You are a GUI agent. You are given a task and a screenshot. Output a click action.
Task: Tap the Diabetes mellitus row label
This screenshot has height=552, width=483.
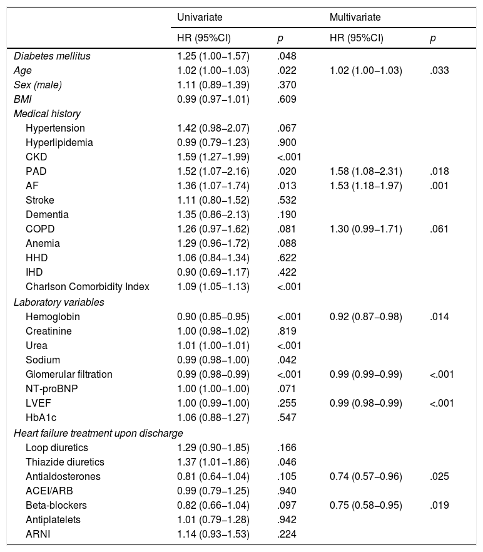[52, 56]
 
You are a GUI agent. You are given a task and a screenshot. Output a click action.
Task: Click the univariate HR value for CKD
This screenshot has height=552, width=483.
[213, 157]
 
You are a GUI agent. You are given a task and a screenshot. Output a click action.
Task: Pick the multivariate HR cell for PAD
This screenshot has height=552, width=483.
[365, 171]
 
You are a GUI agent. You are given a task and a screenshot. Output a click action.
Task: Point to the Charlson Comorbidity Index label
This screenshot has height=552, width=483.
[88, 287]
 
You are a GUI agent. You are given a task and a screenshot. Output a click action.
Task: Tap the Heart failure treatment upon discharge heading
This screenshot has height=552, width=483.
[98, 433]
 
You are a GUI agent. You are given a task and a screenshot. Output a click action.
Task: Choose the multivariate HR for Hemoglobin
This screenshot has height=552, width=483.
[365, 316]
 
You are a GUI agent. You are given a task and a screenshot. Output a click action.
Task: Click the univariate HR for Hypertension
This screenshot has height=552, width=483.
[213, 128]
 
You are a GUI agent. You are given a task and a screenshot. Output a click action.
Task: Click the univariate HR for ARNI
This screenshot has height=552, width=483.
[213, 534]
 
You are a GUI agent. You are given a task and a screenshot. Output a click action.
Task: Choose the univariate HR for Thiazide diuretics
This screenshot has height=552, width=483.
[213, 462]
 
